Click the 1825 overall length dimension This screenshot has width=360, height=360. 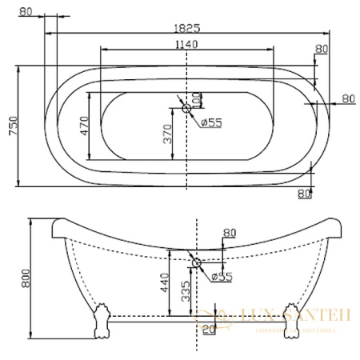pyautogui.click(x=186, y=26)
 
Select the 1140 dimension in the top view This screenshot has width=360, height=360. pyautogui.click(x=186, y=44)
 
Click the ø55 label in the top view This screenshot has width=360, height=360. pyautogui.click(x=210, y=122)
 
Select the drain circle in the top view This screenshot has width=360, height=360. pyautogui.click(x=186, y=108)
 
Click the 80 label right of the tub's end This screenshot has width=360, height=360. pyautogui.click(x=348, y=98)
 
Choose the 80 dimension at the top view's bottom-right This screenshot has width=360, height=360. pyautogui.click(x=303, y=193)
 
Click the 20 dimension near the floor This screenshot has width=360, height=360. pyautogui.click(x=210, y=329)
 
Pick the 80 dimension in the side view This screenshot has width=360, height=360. pyautogui.click(x=230, y=234)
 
